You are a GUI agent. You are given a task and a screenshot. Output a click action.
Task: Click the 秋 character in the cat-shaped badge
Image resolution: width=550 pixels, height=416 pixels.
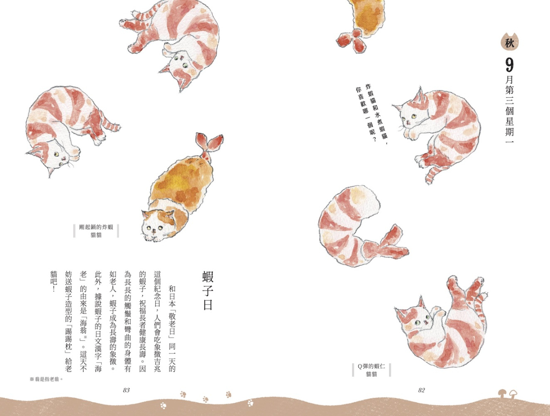pos(509,44)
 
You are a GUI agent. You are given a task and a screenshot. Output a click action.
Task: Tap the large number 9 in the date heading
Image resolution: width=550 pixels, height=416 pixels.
pos(509,65)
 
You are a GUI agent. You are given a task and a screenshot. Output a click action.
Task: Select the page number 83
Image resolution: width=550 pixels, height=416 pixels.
pos(126,390)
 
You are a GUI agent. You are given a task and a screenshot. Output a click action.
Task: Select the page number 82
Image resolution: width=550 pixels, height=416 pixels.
pos(422,390)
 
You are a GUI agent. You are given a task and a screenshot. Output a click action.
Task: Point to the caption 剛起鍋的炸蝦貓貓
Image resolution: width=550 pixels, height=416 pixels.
pos(96,231)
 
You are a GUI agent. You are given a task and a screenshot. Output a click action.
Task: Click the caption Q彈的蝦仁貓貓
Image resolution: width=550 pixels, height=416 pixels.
pos(371,370)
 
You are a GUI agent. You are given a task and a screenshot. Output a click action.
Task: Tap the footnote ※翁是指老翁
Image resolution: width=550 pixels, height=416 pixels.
pos(46,379)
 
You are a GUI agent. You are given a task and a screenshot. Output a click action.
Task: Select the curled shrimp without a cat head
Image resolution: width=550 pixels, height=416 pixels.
pos(361,226)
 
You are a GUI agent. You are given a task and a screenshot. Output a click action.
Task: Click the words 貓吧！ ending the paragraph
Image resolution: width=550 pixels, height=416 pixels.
pos(54,282)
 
